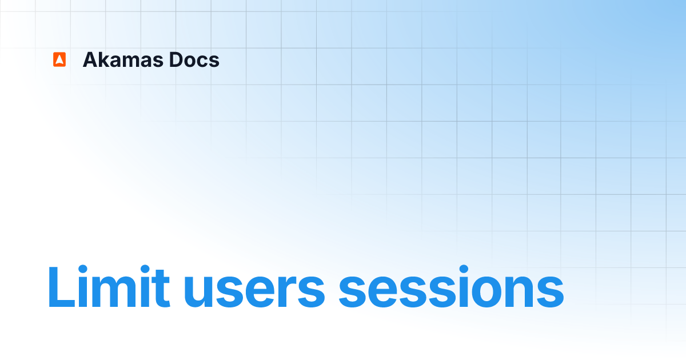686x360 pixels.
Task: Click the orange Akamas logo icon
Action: tap(59, 59)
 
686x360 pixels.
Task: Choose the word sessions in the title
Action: tap(451, 291)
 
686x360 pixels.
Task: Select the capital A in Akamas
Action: tap(90, 59)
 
